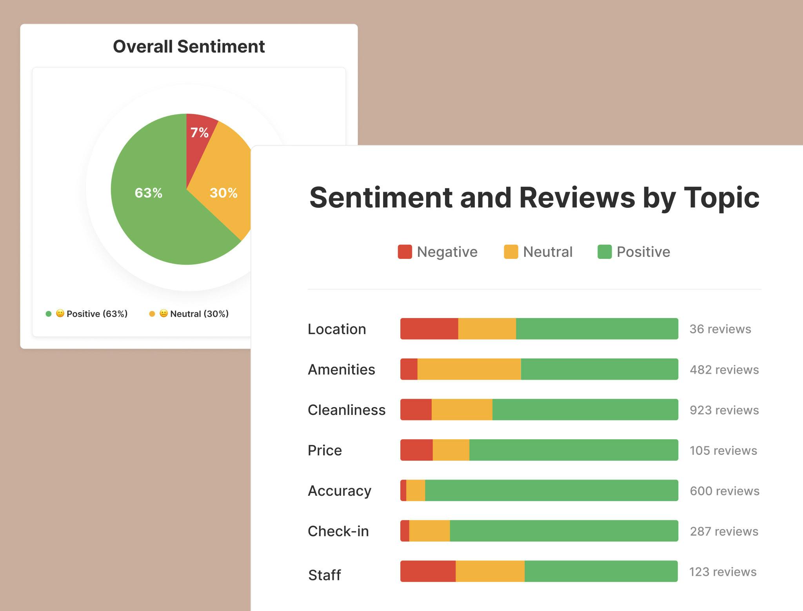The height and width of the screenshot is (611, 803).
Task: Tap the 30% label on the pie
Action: pos(223,193)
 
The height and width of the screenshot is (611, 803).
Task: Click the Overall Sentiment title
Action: pos(189,46)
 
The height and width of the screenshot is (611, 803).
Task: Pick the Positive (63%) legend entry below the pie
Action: pos(92,314)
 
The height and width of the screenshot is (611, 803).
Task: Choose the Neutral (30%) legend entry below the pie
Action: pos(194,314)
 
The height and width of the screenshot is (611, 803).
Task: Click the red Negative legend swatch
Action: pos(405,252)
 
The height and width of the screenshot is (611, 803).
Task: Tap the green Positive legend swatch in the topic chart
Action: pos(604,252)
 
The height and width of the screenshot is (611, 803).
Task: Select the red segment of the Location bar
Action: pos(429,329)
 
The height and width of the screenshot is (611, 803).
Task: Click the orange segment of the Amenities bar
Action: pos(469,369)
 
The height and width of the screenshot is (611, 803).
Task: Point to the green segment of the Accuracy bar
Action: pos(551,490)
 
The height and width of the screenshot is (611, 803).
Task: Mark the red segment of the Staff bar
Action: pos(428,571)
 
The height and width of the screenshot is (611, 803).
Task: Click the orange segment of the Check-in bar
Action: pos(429,531)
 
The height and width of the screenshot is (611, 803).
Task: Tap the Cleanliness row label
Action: pos(347,410)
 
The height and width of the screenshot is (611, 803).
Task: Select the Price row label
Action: pos(325,450)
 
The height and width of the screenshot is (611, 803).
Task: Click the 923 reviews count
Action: pos(724,410)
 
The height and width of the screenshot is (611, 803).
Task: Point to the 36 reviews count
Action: pos(720,329)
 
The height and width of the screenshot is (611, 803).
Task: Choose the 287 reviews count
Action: pos(724,531)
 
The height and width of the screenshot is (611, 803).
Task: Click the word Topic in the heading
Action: pos(721,198)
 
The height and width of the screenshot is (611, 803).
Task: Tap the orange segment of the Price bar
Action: pos(451,450)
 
